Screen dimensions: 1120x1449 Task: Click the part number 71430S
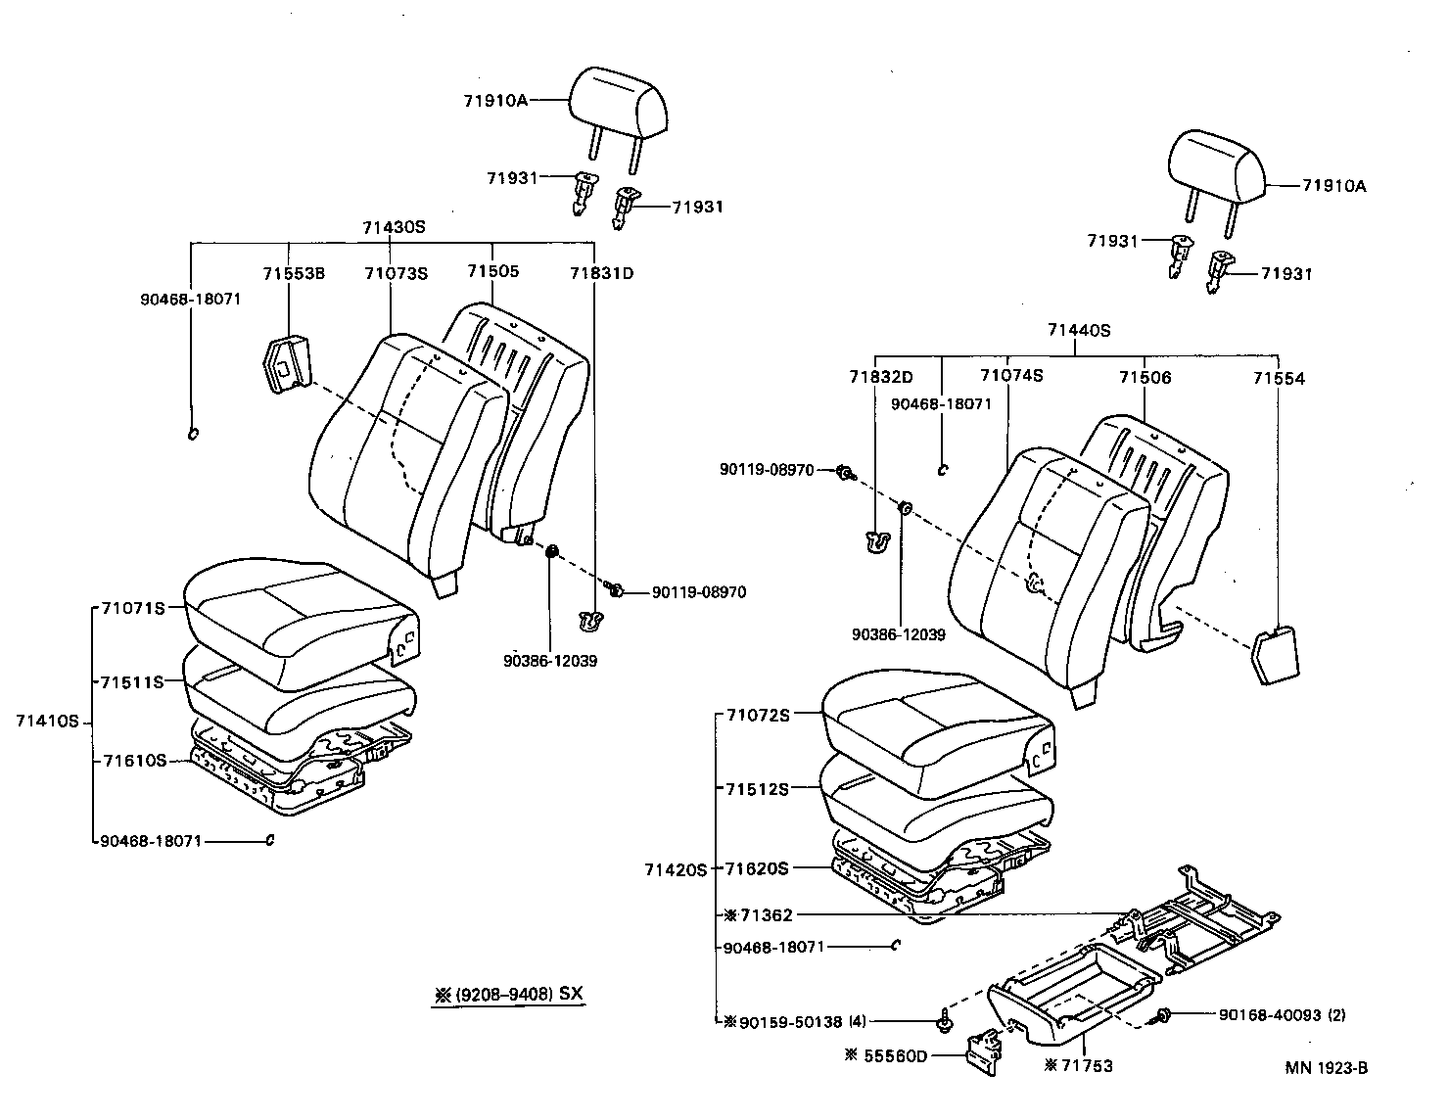point(394,227)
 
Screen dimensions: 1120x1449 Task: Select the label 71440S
point(1079,331)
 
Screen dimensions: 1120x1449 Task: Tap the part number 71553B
point(293,273)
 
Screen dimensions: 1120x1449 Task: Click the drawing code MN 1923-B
point(1326,1068)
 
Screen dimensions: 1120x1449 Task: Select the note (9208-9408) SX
point(518,995)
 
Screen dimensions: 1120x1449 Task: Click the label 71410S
point(47,721)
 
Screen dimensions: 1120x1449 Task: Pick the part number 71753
point(1086,1066)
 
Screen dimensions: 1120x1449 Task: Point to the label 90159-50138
point(790,1022)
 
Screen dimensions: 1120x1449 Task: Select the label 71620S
point(756,868)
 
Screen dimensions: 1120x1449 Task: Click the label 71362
point(766,916)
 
